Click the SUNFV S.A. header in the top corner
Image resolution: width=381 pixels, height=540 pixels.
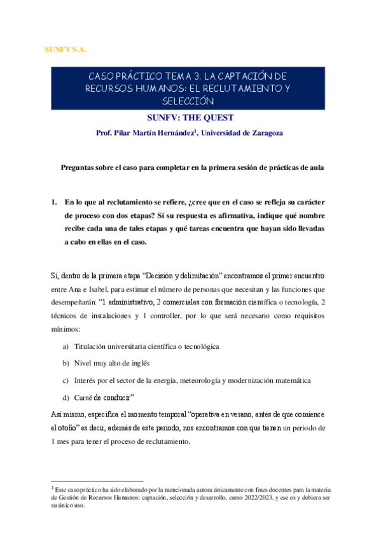click(x=66, y=49)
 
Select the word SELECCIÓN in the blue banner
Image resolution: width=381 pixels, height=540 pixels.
click(x=189, y=101)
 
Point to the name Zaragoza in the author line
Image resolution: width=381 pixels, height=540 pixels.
click(x=263, y=133)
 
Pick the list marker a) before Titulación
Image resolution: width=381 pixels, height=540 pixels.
click(x=65, y=346)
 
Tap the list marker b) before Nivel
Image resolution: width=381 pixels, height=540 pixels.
click(x=65, y=363)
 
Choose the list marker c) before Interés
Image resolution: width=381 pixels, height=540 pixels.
click(x=65, y=380)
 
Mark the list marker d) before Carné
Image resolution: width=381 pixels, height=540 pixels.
click(x=65, y=397)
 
